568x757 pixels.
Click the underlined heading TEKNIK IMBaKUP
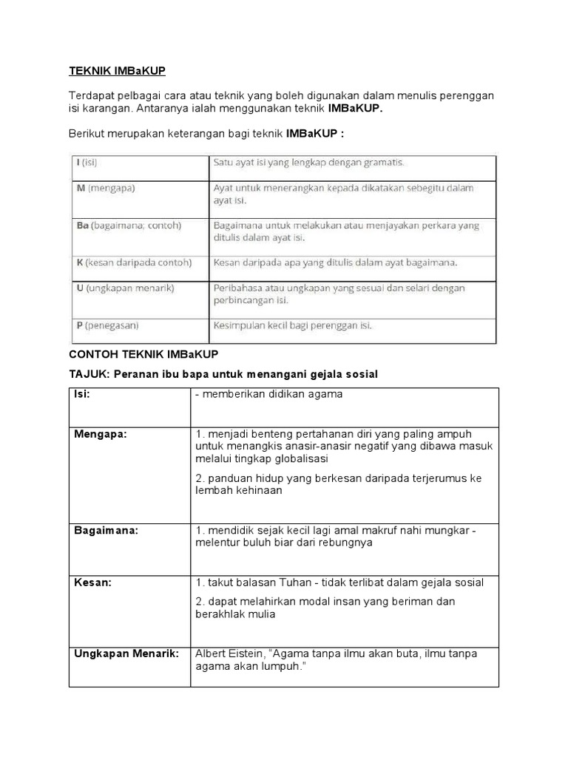pos(117,71)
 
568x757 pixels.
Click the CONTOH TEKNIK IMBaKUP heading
pos(144,354)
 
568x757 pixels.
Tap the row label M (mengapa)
pos(106,188)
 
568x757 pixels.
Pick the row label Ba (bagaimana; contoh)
pos(128,225)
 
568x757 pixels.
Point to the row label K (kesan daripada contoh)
pos(133,262)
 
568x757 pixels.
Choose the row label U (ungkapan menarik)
pos(125,288)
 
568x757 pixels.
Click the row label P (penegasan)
pos(107,325)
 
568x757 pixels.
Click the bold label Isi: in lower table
pos(82,394)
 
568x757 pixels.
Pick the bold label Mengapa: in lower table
pos(101,434)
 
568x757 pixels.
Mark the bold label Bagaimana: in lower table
pos(106,530)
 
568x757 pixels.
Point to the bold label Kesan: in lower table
pos(92,583)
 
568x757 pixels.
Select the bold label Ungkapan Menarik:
pos(126,653)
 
